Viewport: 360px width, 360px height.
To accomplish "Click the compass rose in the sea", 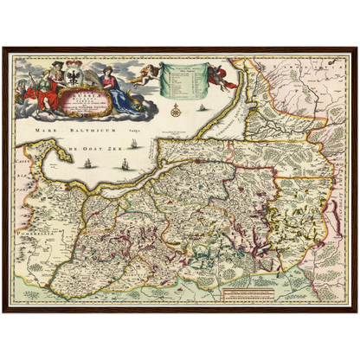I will (x=176, y=110).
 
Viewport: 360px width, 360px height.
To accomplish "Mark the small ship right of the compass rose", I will (x=202, y=109).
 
